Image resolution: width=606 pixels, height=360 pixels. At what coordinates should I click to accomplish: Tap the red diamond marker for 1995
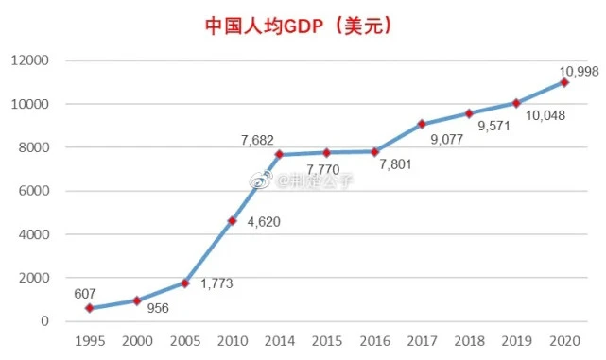(90, 308)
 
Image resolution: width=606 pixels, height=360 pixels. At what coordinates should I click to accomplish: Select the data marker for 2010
(233, 221)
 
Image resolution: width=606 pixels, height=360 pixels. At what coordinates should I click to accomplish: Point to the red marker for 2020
(564, 82)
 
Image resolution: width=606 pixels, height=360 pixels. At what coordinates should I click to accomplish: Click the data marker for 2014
(280, 155)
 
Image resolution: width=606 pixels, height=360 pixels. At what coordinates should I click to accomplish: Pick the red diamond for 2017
(422, 124)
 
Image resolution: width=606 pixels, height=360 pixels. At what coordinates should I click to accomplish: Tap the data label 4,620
(263, 223)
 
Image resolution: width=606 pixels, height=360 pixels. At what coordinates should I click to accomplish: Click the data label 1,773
(216, 283)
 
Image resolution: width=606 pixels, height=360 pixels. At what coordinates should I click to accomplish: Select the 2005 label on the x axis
(185, 341)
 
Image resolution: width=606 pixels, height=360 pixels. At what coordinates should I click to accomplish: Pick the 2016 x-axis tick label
(374, 341)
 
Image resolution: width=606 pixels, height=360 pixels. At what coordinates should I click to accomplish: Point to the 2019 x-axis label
(516, 341)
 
